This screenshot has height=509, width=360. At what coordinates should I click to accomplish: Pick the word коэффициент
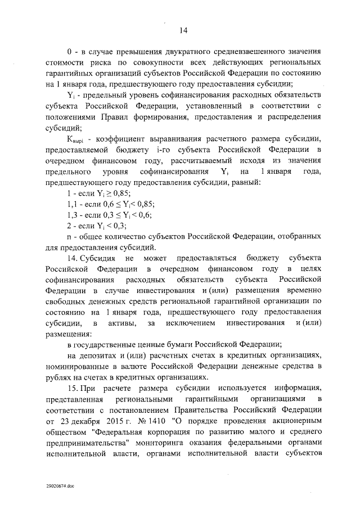point(121,139)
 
